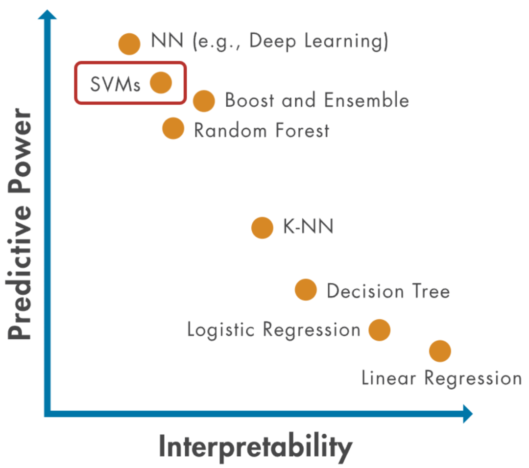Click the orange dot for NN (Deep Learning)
[129, 44]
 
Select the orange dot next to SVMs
[161, 82]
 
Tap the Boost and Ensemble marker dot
[204, 101]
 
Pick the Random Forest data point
[173, 128]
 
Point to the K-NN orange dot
[262, 228]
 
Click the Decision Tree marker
[306, 290]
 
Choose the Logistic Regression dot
[379, 330]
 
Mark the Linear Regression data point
[440, 351]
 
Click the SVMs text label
[115, 84]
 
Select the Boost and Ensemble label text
[317, 100]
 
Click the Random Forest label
[262, 131]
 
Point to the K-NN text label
[308, 227]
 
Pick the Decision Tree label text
[388, 291]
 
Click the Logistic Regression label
[273, 330]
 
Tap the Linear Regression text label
[441, 378]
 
